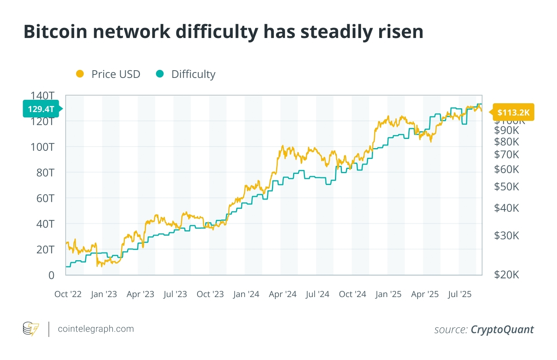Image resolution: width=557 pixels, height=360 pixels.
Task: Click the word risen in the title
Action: coord(400,31)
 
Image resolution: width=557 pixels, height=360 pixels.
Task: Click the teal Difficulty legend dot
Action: coord(160,74)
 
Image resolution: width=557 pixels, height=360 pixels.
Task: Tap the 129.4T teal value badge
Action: coord(41,109)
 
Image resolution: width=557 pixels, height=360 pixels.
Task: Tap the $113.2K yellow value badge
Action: coord(513,112)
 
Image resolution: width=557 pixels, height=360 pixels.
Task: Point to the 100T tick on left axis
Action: coord(43,147)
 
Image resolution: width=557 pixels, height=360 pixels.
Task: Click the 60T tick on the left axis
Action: coord(45,198)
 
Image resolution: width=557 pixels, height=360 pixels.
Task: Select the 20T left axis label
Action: coord(45,250)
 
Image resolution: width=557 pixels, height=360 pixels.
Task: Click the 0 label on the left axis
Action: coord(51,275)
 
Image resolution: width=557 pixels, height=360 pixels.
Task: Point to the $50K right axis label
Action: coord(506,187)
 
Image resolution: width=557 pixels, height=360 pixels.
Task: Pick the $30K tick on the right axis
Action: coord(506,236)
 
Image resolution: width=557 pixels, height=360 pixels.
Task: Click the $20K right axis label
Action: coord(506,275)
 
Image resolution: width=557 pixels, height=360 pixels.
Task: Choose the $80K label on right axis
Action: coord(506,142)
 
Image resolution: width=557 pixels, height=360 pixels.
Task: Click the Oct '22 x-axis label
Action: coord(68,294)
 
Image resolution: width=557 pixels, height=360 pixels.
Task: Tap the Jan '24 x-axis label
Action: coord(246,294)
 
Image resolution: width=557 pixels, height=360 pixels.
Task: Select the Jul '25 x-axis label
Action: coord(459,294)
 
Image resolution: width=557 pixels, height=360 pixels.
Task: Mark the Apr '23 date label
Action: coord(140,294)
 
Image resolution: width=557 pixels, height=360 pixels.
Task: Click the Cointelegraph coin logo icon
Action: coord(31,329)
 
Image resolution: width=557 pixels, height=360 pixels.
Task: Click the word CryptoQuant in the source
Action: coord(502,330)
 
